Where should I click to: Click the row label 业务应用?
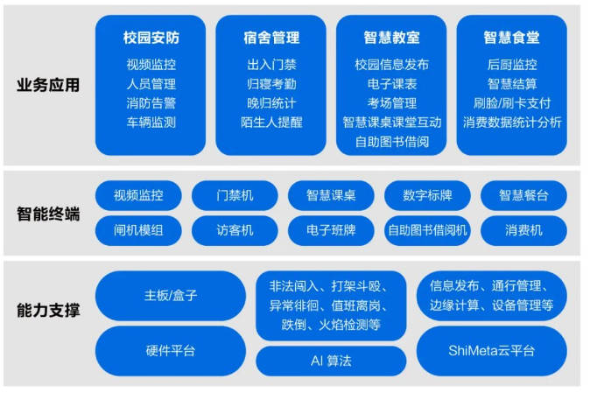(48, 85)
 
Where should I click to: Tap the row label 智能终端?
(48, 214)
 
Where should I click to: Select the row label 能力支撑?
(48, 310)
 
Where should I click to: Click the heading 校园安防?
(151, 38)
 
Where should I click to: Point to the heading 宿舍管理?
(271, 38)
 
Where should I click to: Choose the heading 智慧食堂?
(512, 38)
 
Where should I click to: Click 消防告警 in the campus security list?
(151, 103)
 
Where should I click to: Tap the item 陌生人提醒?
(271, 123)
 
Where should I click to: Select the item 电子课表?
(391, 84)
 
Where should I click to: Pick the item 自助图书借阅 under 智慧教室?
(391, 142)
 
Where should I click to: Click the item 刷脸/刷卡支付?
(512, 103)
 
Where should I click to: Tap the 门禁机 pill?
(235, 195)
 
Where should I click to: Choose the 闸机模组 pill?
(138, 230)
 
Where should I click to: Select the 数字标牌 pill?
(427, 195)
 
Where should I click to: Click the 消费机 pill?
(523, 230)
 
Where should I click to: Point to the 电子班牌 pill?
(331, 230)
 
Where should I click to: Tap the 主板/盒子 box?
(171, 296)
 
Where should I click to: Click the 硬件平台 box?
(171, 351)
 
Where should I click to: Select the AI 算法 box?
(331, 361)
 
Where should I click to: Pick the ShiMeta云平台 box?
(491, 351)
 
